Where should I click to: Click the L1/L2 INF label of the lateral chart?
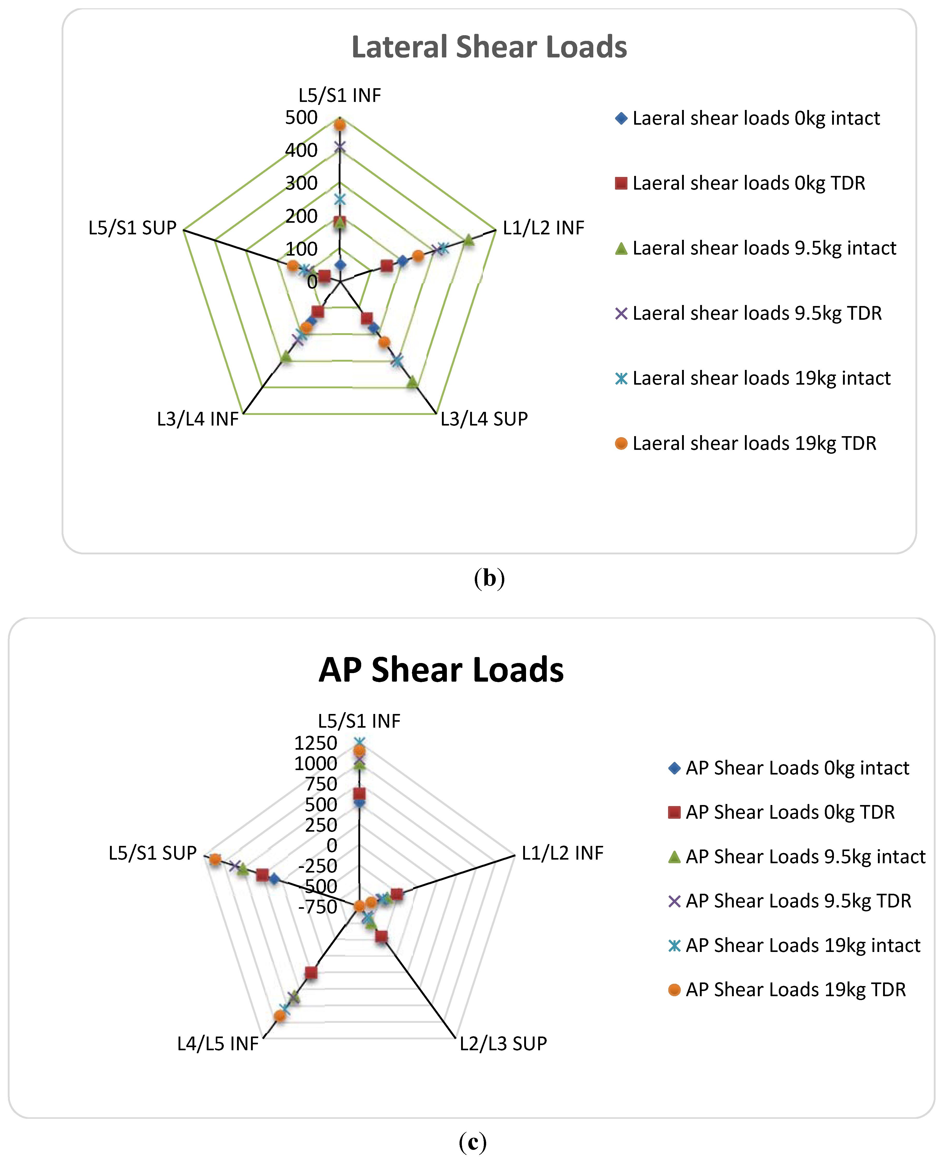pyautogui.click(x=543, y=228)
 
